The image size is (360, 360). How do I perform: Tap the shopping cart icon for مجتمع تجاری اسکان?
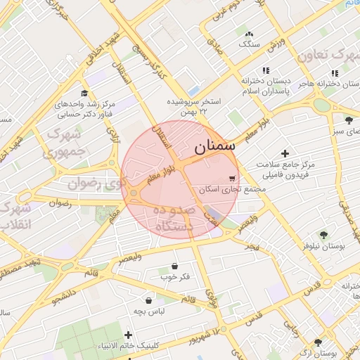[232, 179]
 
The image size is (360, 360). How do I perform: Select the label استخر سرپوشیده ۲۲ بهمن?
[193, 106]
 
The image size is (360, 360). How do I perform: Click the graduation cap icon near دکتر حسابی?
[84, 94]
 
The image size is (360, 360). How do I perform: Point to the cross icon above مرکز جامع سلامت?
[285, 153]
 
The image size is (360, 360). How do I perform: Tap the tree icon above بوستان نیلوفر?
[323, 236]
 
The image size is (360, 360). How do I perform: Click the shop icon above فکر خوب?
[174, 266]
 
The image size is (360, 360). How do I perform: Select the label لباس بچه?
[149, 310]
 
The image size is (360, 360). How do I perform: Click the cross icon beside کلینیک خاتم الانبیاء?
[128, 335]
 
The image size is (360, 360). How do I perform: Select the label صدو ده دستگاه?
[167, 218]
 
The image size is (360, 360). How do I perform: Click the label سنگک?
[249, 44]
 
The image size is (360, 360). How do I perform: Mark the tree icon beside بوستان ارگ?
[319, 343]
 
